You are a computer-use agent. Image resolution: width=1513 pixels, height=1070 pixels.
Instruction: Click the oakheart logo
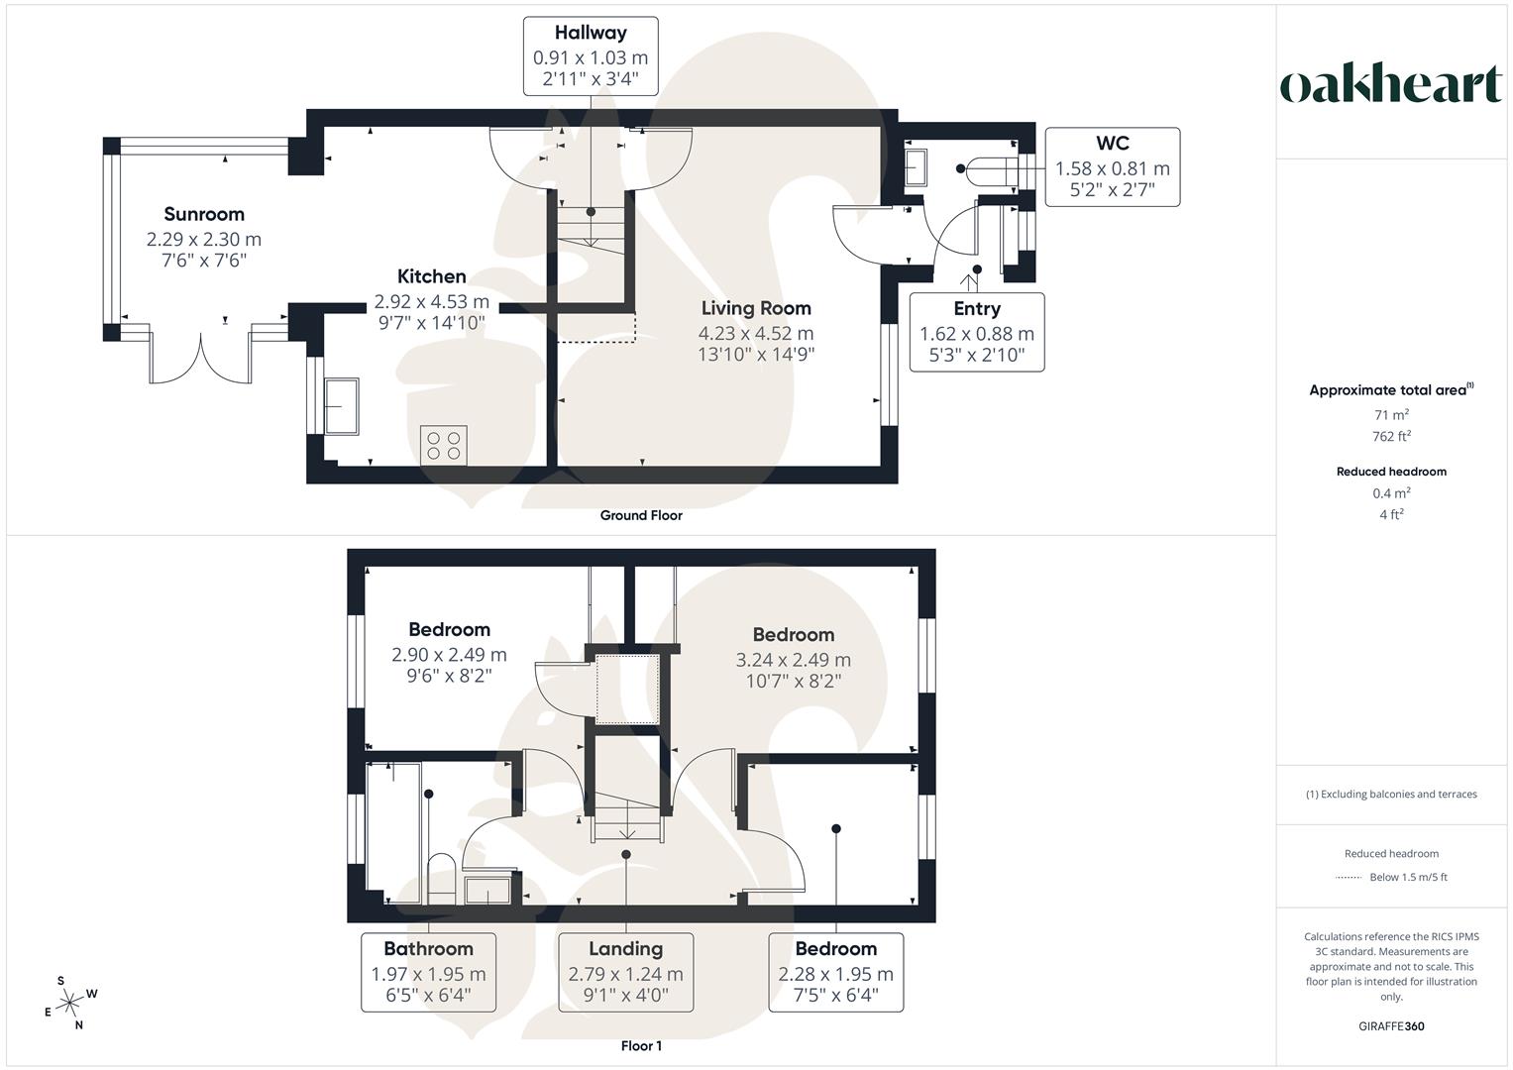pos(1391,84)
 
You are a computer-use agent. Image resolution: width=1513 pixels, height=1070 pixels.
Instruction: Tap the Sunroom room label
pos(204,214)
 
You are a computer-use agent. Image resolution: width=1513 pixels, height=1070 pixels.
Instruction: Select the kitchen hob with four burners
pos(444,445)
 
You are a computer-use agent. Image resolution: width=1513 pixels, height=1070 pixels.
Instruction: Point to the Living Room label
pos(756,308)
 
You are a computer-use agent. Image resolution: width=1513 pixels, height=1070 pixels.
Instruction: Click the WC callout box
pos(1113,166)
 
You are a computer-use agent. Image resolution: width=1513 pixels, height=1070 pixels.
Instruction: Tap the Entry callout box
pos(977,332)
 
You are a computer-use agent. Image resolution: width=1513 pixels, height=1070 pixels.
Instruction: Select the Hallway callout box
pos(591,56)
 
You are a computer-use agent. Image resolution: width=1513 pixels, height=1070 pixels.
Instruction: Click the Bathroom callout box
pos(428,972)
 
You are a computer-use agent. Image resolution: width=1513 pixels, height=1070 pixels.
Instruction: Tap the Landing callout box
pos(625,972)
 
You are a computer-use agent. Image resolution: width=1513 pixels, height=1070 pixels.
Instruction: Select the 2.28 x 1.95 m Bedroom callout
pos(835,972)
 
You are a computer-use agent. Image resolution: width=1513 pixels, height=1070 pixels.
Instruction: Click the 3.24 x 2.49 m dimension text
pos(793,660)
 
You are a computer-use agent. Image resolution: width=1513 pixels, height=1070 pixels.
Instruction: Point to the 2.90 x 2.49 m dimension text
pos(449,655)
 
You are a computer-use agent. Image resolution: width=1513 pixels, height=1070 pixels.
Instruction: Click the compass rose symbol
pos(70,1003)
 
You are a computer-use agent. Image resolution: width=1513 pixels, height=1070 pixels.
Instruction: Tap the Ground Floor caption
pos(641,515)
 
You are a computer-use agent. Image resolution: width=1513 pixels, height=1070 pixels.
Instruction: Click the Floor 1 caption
pos(641,1046)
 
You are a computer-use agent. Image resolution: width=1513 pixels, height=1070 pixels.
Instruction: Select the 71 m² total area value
pos(1391,416)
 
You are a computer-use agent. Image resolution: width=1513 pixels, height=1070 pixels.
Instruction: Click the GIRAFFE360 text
pos(1391,1026)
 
